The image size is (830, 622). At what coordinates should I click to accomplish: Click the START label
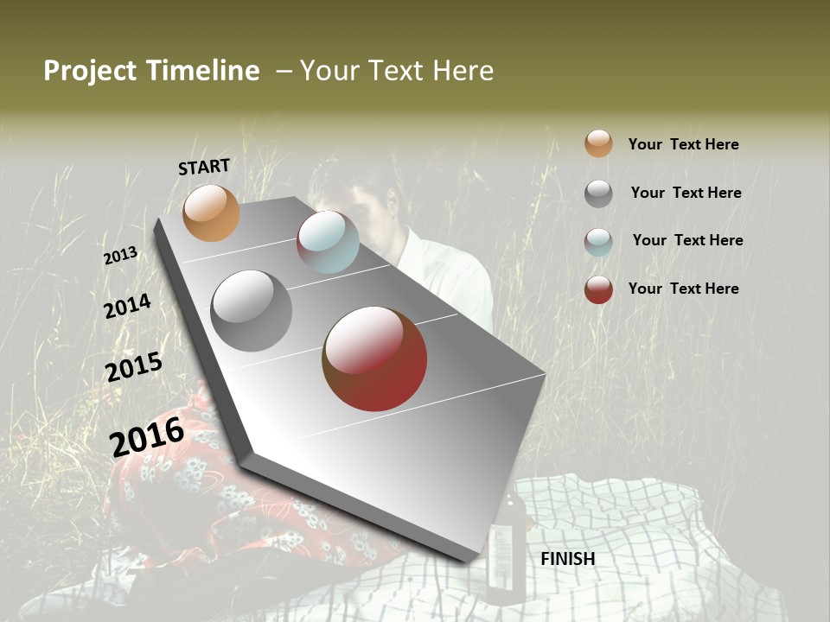204,167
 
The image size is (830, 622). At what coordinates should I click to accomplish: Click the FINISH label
568,559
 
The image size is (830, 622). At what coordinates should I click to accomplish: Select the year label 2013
120,256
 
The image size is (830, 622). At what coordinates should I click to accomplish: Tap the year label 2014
127,306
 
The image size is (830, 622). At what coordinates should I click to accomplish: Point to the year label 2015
134,367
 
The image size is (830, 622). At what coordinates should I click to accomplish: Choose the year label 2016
147,436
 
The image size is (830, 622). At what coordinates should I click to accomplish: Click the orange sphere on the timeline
211,213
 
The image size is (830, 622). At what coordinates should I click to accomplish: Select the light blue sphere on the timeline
328,242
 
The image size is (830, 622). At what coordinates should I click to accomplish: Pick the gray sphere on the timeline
251,310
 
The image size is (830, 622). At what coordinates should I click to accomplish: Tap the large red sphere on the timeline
374,359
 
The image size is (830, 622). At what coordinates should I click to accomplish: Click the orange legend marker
598,143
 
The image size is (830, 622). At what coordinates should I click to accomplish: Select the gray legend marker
598,194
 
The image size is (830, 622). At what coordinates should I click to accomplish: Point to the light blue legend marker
598,242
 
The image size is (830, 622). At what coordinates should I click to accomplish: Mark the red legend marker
598,289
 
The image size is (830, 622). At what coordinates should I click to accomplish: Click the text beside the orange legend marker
683,144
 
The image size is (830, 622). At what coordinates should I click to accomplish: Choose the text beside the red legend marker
683,289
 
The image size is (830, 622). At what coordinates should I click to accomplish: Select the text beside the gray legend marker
686,193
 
